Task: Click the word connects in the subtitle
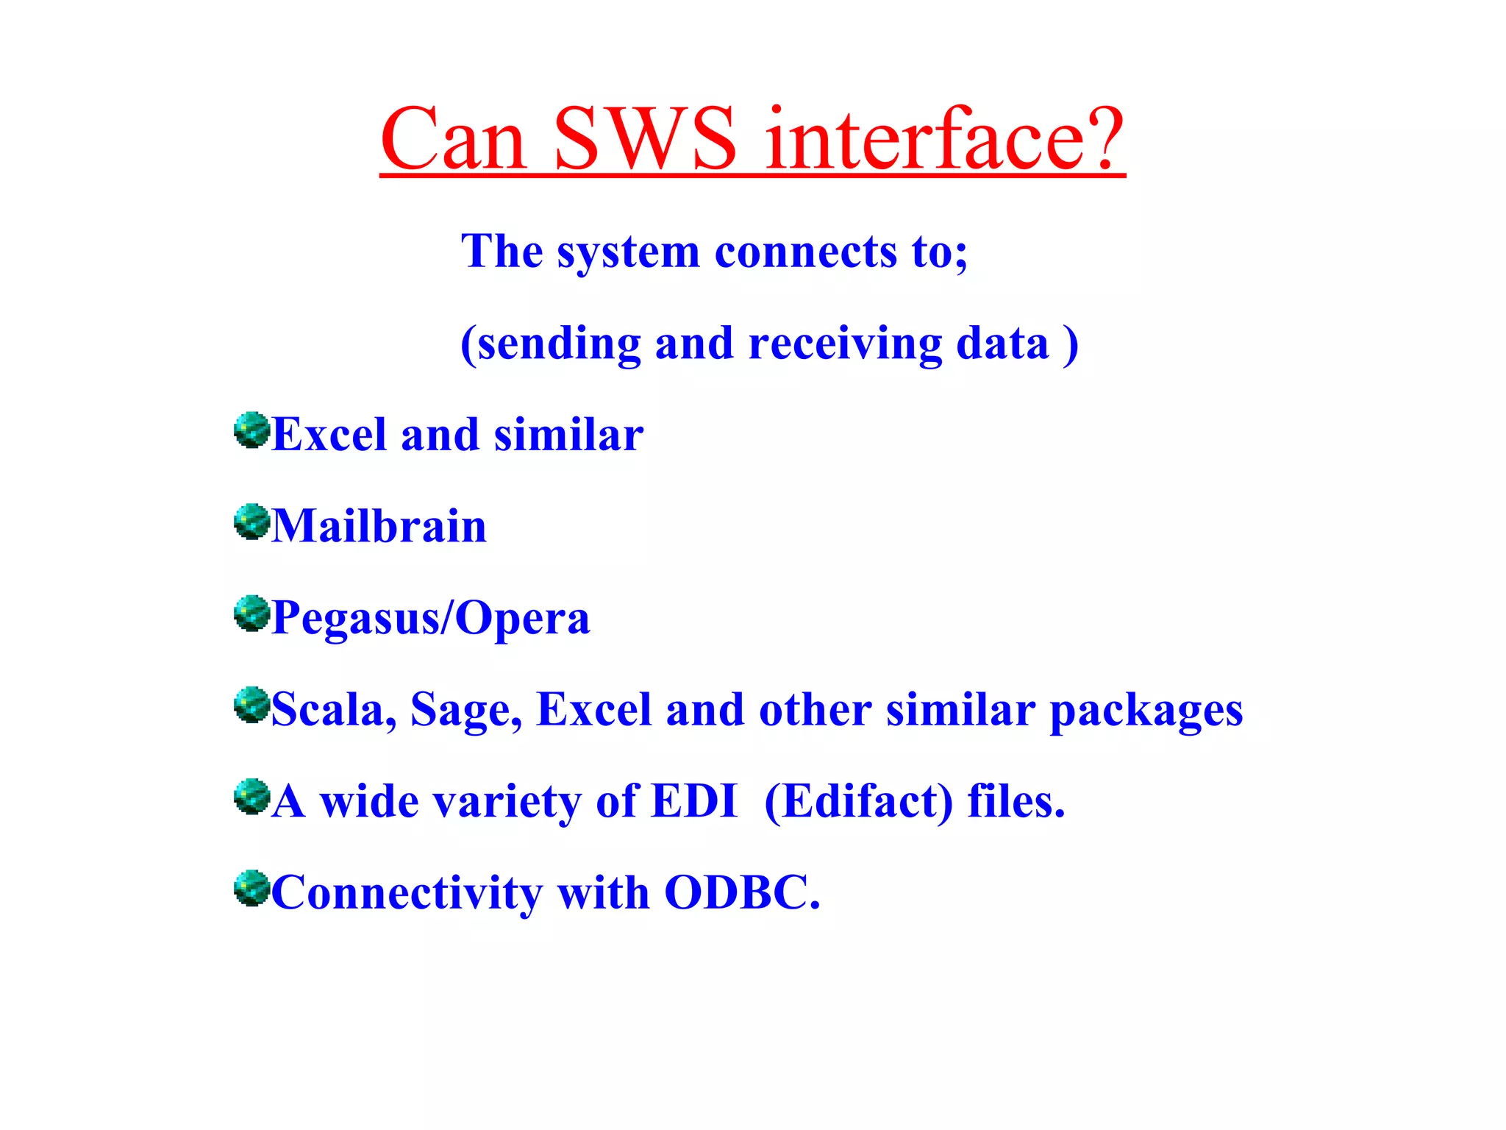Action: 805,252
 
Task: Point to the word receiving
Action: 845,344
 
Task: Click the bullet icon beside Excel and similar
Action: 251,430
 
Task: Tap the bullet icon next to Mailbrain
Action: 251,522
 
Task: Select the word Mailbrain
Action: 379,527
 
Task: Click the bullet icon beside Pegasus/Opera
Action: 251,614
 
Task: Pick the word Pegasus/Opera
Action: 431,619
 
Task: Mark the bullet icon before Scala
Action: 251,705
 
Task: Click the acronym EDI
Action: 694,801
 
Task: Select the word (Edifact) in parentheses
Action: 859,802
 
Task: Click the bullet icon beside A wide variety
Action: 251,797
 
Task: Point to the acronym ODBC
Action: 741,893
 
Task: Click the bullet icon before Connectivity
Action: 251,888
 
